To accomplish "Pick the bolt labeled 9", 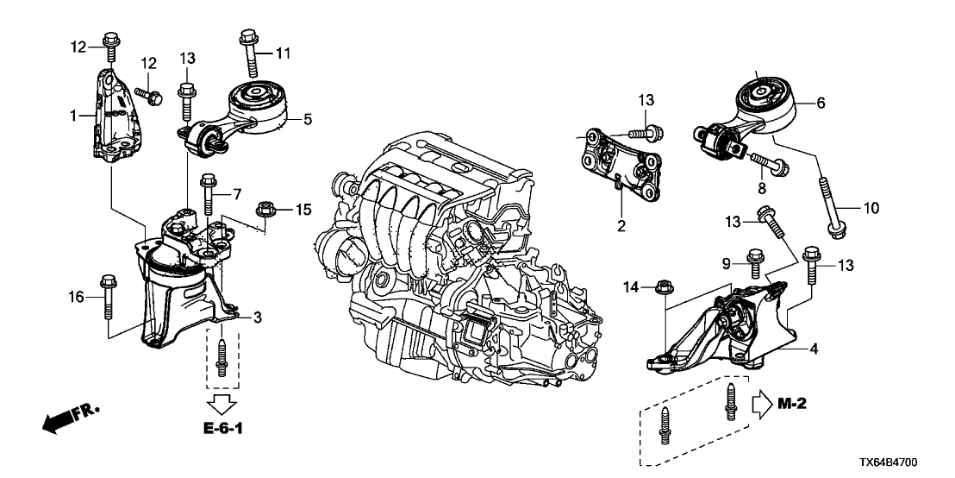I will click(x=756, y=262).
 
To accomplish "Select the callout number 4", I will click(x=812, y=349).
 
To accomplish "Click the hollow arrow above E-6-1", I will click(x=222, y=401).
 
